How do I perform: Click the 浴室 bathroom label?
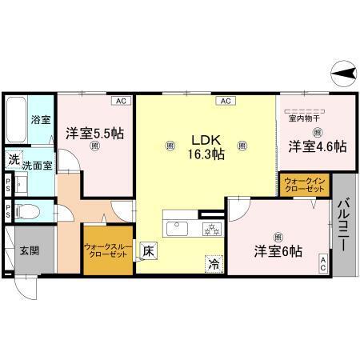point(40,120)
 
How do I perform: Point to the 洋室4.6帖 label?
point(318,146)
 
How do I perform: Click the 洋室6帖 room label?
point(278,250)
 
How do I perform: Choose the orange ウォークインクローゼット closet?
point(304,186)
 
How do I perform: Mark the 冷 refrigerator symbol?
point(214,261)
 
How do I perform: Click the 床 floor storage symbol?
point(148,251)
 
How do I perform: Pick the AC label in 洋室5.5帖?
point(120,102)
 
